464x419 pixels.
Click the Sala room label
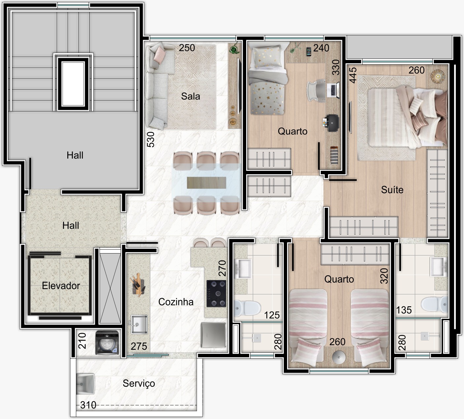pyautogui.click(x=190, y=96)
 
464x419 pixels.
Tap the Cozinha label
pyautogui.click(x=176, y=302)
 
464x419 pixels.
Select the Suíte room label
pyautogui.click(x=392, y=190)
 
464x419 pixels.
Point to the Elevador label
pyautogui.click(x=61, y=285)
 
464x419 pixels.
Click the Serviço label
pyautogui.click(x=139, y=383)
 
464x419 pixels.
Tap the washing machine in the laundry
pyautogui.click(x=107, y=343)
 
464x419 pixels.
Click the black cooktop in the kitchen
pyautogui.click(x=216, y=293)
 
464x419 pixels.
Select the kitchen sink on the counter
pyautogui.click(x=139, y=324)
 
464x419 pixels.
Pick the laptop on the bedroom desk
pyautogui.click(x=333, y=90)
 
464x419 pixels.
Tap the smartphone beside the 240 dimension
pyautogui.click(x=309, y=51)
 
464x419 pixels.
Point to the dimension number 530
pyautogui.click(x=150, y=139)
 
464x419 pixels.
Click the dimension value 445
pyautogui.click(x=353, y=75)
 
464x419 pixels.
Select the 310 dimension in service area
pyautogui.click(x=88, y=405)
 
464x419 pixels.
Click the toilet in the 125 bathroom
pyautogui.click(x=247, y=308)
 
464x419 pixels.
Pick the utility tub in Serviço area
pyautogui.click(x=85, y=384)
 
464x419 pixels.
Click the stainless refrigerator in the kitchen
pyautogui.click(x=213, y=335)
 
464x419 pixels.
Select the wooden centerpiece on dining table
pyautogui.click(x=206, y=183)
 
